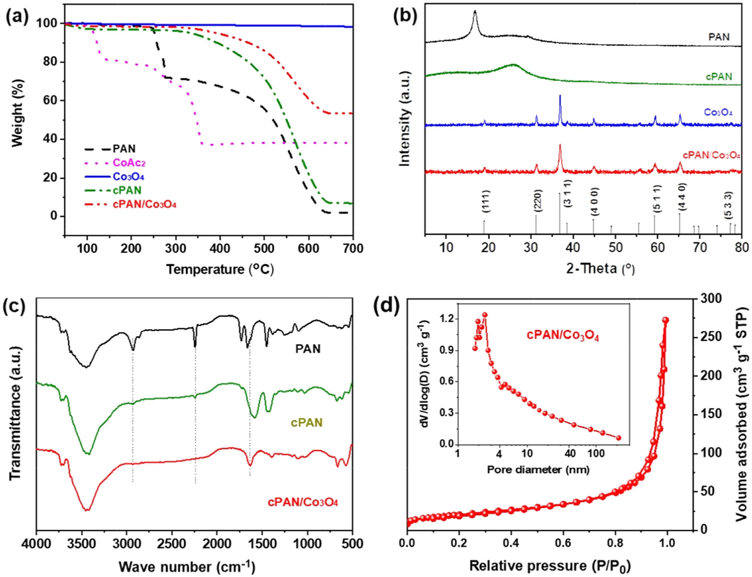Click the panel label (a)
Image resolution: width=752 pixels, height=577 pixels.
point(17,18)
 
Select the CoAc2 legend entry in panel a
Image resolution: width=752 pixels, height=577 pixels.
point(129,163)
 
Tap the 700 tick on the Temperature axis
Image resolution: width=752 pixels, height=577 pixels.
point(353,248)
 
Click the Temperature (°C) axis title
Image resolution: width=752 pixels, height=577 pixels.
point(220,270)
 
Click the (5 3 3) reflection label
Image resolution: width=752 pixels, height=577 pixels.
point(728,205)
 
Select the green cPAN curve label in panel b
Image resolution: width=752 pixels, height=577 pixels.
point(719,77)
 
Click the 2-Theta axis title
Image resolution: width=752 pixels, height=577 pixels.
point(600,269)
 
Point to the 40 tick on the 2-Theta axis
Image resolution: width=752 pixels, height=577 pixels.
point(573,248)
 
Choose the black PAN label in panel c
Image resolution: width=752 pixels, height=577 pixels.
point(308,349)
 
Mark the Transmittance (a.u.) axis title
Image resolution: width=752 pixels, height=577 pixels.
point(15,413)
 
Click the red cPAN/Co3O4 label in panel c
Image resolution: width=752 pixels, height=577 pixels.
point(303,502)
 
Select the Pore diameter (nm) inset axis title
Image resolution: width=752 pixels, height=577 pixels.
point(538,469)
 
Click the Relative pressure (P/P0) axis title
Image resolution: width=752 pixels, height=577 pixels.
point(549,566)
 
